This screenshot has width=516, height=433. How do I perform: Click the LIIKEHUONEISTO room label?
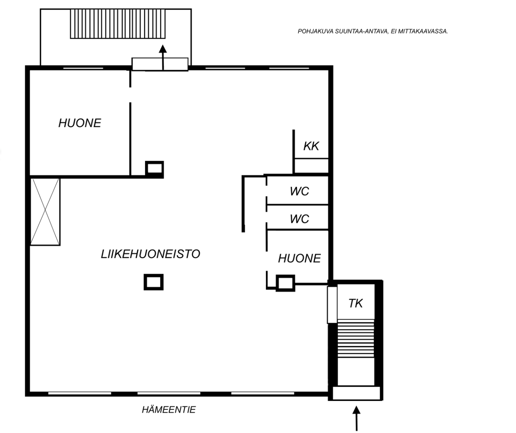coord(150,254)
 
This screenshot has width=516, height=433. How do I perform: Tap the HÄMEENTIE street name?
coord(169,410)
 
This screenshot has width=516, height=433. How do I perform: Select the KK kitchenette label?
coord(311,146)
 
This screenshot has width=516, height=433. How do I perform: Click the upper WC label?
coord(300,191)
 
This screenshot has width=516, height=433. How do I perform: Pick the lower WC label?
coord(300,219)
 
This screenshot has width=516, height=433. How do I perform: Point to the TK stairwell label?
coord(355,303)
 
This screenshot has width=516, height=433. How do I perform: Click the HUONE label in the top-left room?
coord(80,123)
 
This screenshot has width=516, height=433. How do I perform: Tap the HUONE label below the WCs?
coord(299,258)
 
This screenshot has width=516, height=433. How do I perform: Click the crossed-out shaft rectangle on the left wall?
coord(45,212)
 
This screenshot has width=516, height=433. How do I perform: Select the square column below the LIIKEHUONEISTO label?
coord(153,282)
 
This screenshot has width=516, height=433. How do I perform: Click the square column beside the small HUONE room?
coord(286,283)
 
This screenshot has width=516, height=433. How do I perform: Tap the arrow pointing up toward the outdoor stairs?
coord(162,57)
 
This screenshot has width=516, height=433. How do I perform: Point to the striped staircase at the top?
coord(118,24)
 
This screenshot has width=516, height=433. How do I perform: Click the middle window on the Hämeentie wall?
coord(169,393)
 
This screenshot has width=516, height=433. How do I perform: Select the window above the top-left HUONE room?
coord(83,68)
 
